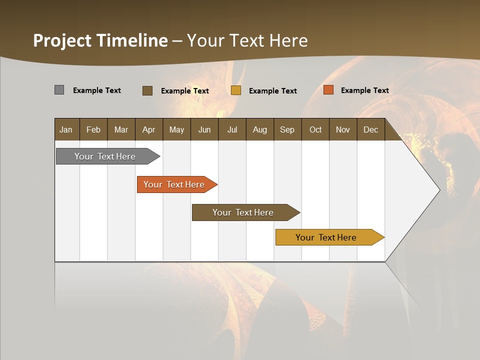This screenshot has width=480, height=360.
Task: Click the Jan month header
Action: (x=66, y=129)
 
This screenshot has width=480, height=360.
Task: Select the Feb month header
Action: (x=93, y=129)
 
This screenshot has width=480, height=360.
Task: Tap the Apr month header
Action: (x=149, y=129)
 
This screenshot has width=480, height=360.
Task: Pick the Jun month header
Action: (x=204, y=129)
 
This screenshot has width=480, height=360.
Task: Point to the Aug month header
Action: (x=260, y=129)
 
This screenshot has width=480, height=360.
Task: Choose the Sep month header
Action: (x=287, y=129)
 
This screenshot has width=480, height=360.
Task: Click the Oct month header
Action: (x=315, y=129)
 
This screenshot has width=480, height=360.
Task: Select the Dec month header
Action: (x=371, y=129)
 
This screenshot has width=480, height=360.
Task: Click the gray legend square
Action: (x=59, y=90)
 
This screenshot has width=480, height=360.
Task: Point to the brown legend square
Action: (x=147, y=90)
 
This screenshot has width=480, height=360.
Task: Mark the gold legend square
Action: (x=236, y=90)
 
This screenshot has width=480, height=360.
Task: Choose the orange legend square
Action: (x=328, y=90)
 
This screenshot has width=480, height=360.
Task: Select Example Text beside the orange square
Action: (x=364, y=90)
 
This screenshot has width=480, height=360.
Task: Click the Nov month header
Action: (x=343, y=129)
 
